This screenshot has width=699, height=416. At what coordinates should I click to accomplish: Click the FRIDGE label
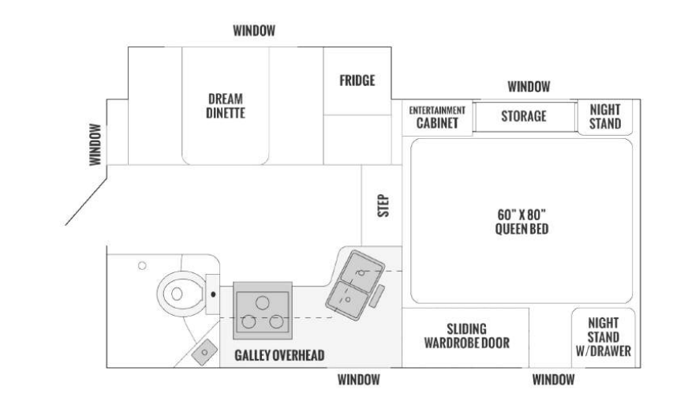[x=357, y=81]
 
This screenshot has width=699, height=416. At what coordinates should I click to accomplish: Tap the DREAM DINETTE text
[x=226, y=106]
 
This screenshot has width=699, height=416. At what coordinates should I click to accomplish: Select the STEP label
[x=383, y=205]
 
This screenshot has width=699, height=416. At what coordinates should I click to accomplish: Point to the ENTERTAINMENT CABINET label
[x=437, y=117]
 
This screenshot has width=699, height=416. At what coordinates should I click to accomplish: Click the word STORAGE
[x=524, y=116]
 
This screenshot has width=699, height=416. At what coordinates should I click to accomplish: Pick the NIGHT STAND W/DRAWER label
[x=604, y=337]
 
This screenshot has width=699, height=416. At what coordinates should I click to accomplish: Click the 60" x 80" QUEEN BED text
[x=521, y=222]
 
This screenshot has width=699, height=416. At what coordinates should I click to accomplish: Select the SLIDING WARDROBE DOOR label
[x=466, y=335]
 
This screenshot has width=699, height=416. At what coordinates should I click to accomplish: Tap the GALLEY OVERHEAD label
[x=279, y=355]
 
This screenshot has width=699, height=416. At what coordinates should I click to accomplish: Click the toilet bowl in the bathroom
[x=181, y=294]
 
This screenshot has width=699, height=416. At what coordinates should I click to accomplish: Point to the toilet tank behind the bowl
[x=213, y=294]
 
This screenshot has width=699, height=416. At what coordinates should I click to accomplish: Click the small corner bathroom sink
[x=204, y=352]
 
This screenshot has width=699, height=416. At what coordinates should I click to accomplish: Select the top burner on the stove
[x=262, y=303]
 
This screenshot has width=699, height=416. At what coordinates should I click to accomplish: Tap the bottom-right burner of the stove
[x=276, y=321]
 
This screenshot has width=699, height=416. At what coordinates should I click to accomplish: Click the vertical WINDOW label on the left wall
[x=95, y=144]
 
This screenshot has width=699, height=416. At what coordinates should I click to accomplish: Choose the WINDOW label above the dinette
[x=254, y=31]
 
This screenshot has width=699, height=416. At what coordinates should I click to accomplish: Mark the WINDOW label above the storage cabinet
[x=529, y=87]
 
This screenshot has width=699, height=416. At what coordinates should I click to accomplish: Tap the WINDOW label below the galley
[x=358, y=380]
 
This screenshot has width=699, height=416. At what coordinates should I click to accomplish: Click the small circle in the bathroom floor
[x=142, y=266]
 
